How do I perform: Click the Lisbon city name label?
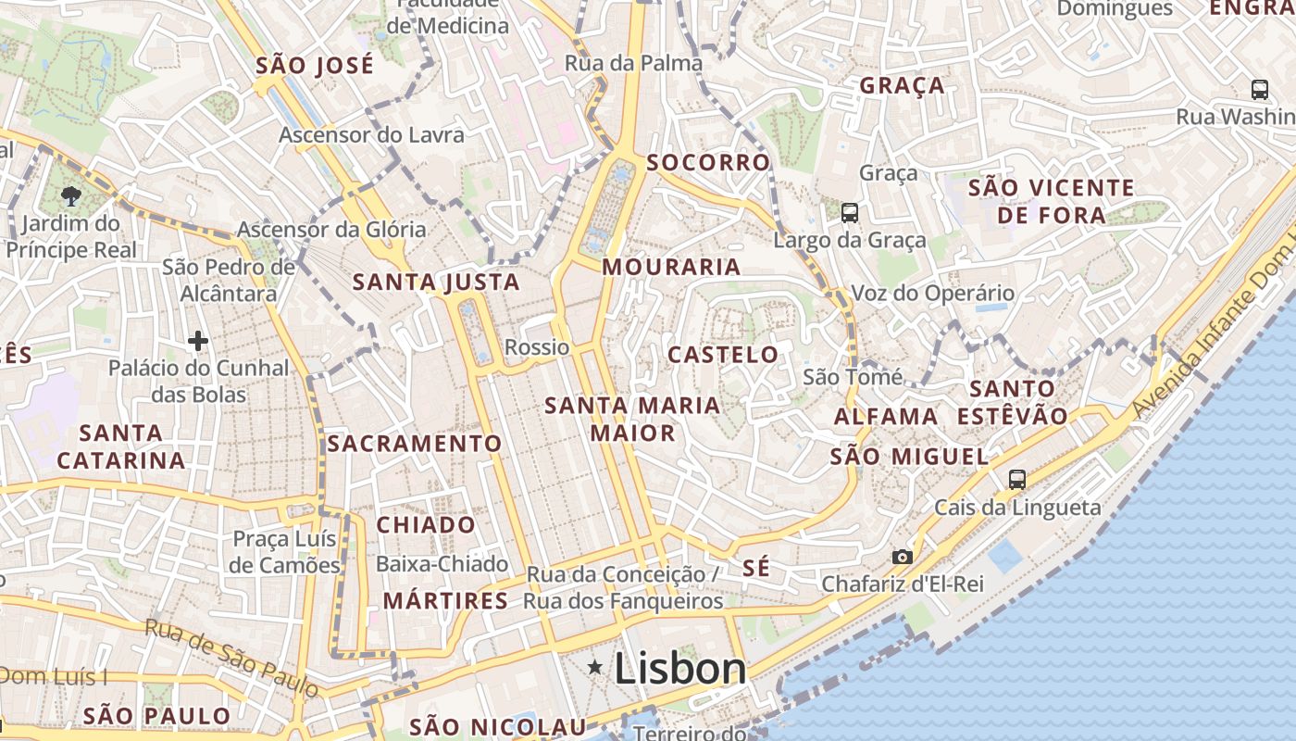680,669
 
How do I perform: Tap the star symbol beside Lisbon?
595,667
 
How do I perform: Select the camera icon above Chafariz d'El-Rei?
902,557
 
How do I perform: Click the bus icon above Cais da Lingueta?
1017,479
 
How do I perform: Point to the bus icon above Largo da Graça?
849,213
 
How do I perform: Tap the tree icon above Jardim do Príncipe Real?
70,195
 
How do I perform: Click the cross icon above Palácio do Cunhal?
198,341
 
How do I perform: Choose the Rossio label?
537,347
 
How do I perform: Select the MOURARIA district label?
671,267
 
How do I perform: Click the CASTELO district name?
723,354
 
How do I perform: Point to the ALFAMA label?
886,417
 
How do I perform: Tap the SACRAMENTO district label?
415,444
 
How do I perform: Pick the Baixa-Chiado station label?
442,563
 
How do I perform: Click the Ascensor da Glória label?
331,229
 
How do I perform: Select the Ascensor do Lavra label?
371,134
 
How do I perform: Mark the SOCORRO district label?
708,163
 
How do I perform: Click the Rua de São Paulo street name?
231,657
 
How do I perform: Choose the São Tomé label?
853,376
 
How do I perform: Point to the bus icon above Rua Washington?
1259,90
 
